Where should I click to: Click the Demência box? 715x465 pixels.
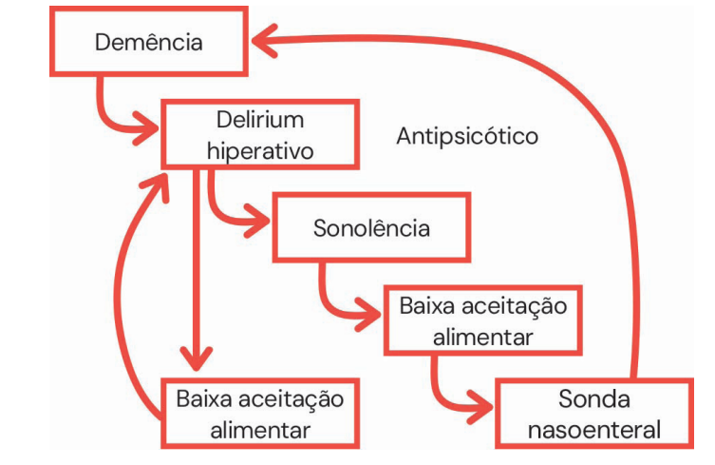tap(149, 43)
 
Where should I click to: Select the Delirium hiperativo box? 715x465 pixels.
tap(259, 134)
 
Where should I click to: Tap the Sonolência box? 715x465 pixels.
tap(371, 228)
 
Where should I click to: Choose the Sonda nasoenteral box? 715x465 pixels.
tap(593, 414)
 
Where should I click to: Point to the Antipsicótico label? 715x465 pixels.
tap(466, 136)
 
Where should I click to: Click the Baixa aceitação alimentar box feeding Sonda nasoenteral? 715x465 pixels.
tap(482, 320)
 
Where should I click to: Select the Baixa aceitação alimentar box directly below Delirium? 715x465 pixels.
tap(259, 413)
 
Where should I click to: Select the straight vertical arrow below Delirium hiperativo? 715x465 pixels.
tap(197, 276)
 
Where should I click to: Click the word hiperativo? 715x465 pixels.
tap(259, 150)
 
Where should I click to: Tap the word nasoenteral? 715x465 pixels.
tap(593, 430)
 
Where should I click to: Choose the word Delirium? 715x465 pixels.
tap(259, 120)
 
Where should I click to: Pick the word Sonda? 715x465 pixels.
tap(594, 398)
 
